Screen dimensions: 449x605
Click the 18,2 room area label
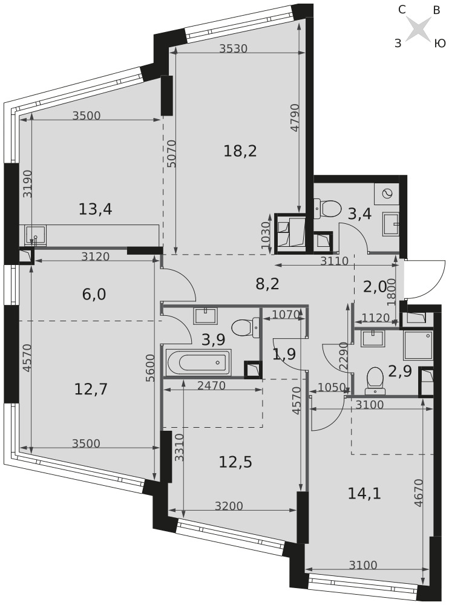[x=240, y=151]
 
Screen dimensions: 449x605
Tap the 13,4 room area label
[x=96, y=209]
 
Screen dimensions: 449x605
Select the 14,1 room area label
[x=364, y=494]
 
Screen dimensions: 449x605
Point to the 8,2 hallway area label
[x=267, y=284]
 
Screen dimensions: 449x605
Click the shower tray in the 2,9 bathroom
[x=418, y=345]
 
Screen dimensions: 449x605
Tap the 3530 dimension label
[x=233, y=48]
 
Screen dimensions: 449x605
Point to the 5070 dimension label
[x=172, y=153]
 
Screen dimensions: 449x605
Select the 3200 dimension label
[x=229, y=505]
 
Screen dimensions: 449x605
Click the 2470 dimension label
[x=211, y=385]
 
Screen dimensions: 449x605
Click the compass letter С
[x=402, y=10]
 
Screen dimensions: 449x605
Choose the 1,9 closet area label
[x=284, y=353]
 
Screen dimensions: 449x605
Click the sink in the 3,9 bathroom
[x=206, y=316]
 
